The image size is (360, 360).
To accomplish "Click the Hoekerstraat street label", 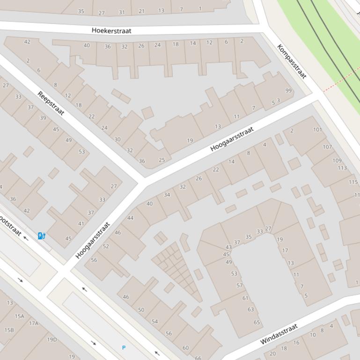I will [x=111, y=30].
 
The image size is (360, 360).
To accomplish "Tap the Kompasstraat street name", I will [x=291, y=61].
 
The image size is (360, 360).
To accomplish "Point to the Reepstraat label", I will [x=51, y=103].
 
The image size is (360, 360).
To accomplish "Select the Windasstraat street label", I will [x=279, y=334].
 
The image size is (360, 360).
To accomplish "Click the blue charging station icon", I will [x=42, y=236].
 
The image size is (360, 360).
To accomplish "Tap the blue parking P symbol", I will [x=124, y=347].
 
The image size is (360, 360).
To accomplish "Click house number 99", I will [x=288, y=91].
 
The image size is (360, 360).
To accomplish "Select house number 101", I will [x=318, y=130].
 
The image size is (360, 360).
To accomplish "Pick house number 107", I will [x=327, y=147].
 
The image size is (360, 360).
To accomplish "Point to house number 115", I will [x=353, y=182].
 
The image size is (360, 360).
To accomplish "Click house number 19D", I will [x=51, y=339].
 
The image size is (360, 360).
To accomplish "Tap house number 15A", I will [x=19, y=316].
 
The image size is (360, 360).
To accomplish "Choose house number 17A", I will [x=33, y=323].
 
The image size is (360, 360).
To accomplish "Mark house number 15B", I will [x=9, y=330].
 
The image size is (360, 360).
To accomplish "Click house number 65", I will [x=257, y=322].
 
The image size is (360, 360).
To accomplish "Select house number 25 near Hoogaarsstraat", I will [x=162, y=160].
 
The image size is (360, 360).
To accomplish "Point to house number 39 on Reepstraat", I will [x=43, y=118].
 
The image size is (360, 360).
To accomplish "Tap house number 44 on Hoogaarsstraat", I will [x=130, y=218].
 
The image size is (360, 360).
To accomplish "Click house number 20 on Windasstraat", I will [x=273, y=353].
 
